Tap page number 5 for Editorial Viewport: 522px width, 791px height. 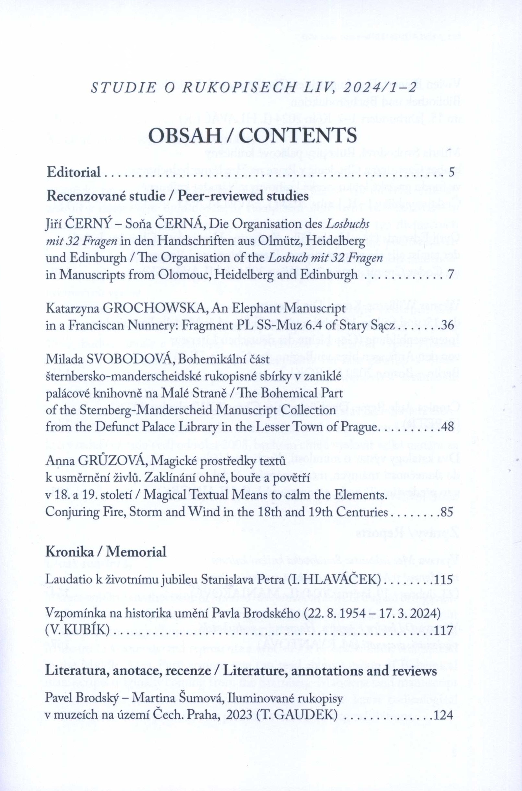pos(451,172)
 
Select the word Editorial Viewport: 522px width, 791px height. pos(74,172)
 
